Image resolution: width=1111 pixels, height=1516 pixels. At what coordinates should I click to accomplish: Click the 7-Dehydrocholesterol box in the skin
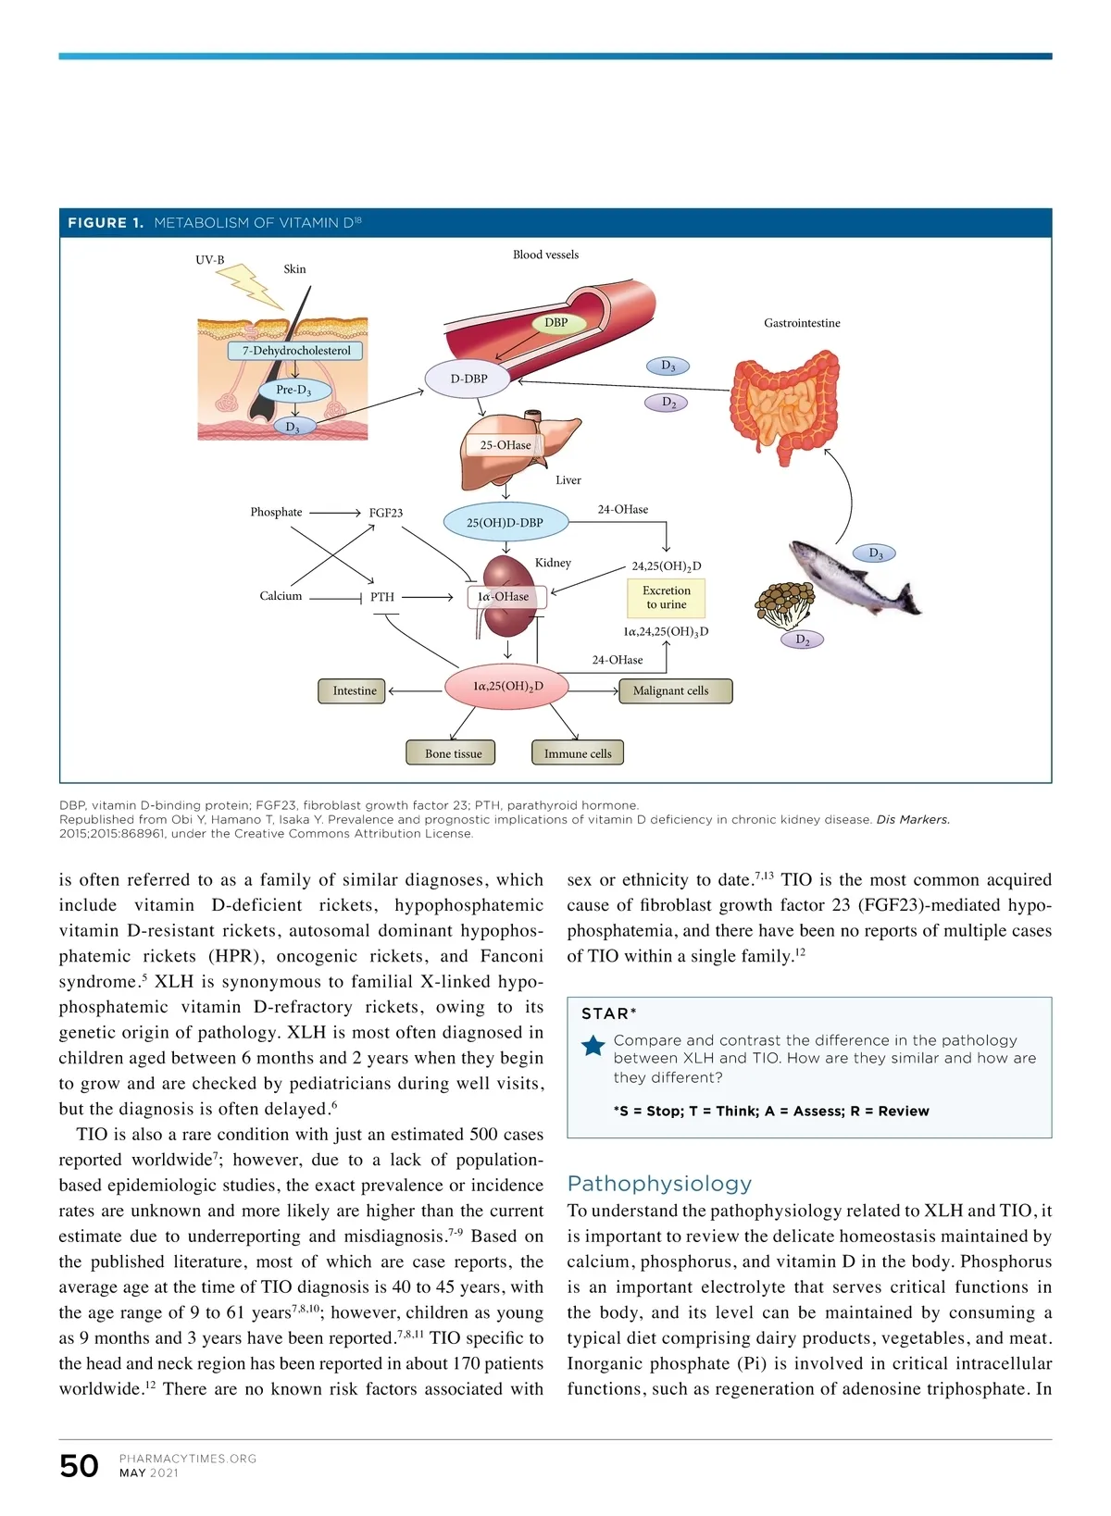[295, 351]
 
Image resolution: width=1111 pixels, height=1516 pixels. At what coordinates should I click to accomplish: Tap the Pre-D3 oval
[293, 390]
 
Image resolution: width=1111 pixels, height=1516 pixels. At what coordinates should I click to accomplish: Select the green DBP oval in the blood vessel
[555, 323]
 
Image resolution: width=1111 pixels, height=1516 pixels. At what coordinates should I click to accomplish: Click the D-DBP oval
[468, 379]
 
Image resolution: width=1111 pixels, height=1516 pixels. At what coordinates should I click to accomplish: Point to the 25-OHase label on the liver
[506, 445]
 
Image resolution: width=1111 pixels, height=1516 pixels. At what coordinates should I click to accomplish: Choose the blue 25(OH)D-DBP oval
[505, 522]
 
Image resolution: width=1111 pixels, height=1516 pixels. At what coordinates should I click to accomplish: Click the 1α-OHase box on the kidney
[506, 597]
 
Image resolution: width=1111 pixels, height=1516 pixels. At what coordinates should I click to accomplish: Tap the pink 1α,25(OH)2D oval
[507, 687]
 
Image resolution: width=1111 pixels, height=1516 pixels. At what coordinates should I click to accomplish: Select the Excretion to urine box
[666, 597]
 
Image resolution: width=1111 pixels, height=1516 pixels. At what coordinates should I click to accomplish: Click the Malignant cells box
[675, 690]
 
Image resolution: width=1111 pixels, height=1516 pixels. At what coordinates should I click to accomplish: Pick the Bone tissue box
[453, 753]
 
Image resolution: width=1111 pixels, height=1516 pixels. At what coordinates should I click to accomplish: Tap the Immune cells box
[578, 753]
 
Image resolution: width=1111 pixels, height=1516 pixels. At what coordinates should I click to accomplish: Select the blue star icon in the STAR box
[593, 1047]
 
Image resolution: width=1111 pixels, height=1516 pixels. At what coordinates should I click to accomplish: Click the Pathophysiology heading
[659, 1184]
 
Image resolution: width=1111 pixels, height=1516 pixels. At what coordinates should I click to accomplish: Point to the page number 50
[79, 1466]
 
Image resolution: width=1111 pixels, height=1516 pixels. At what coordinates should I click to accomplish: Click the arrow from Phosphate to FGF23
[334, 513]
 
